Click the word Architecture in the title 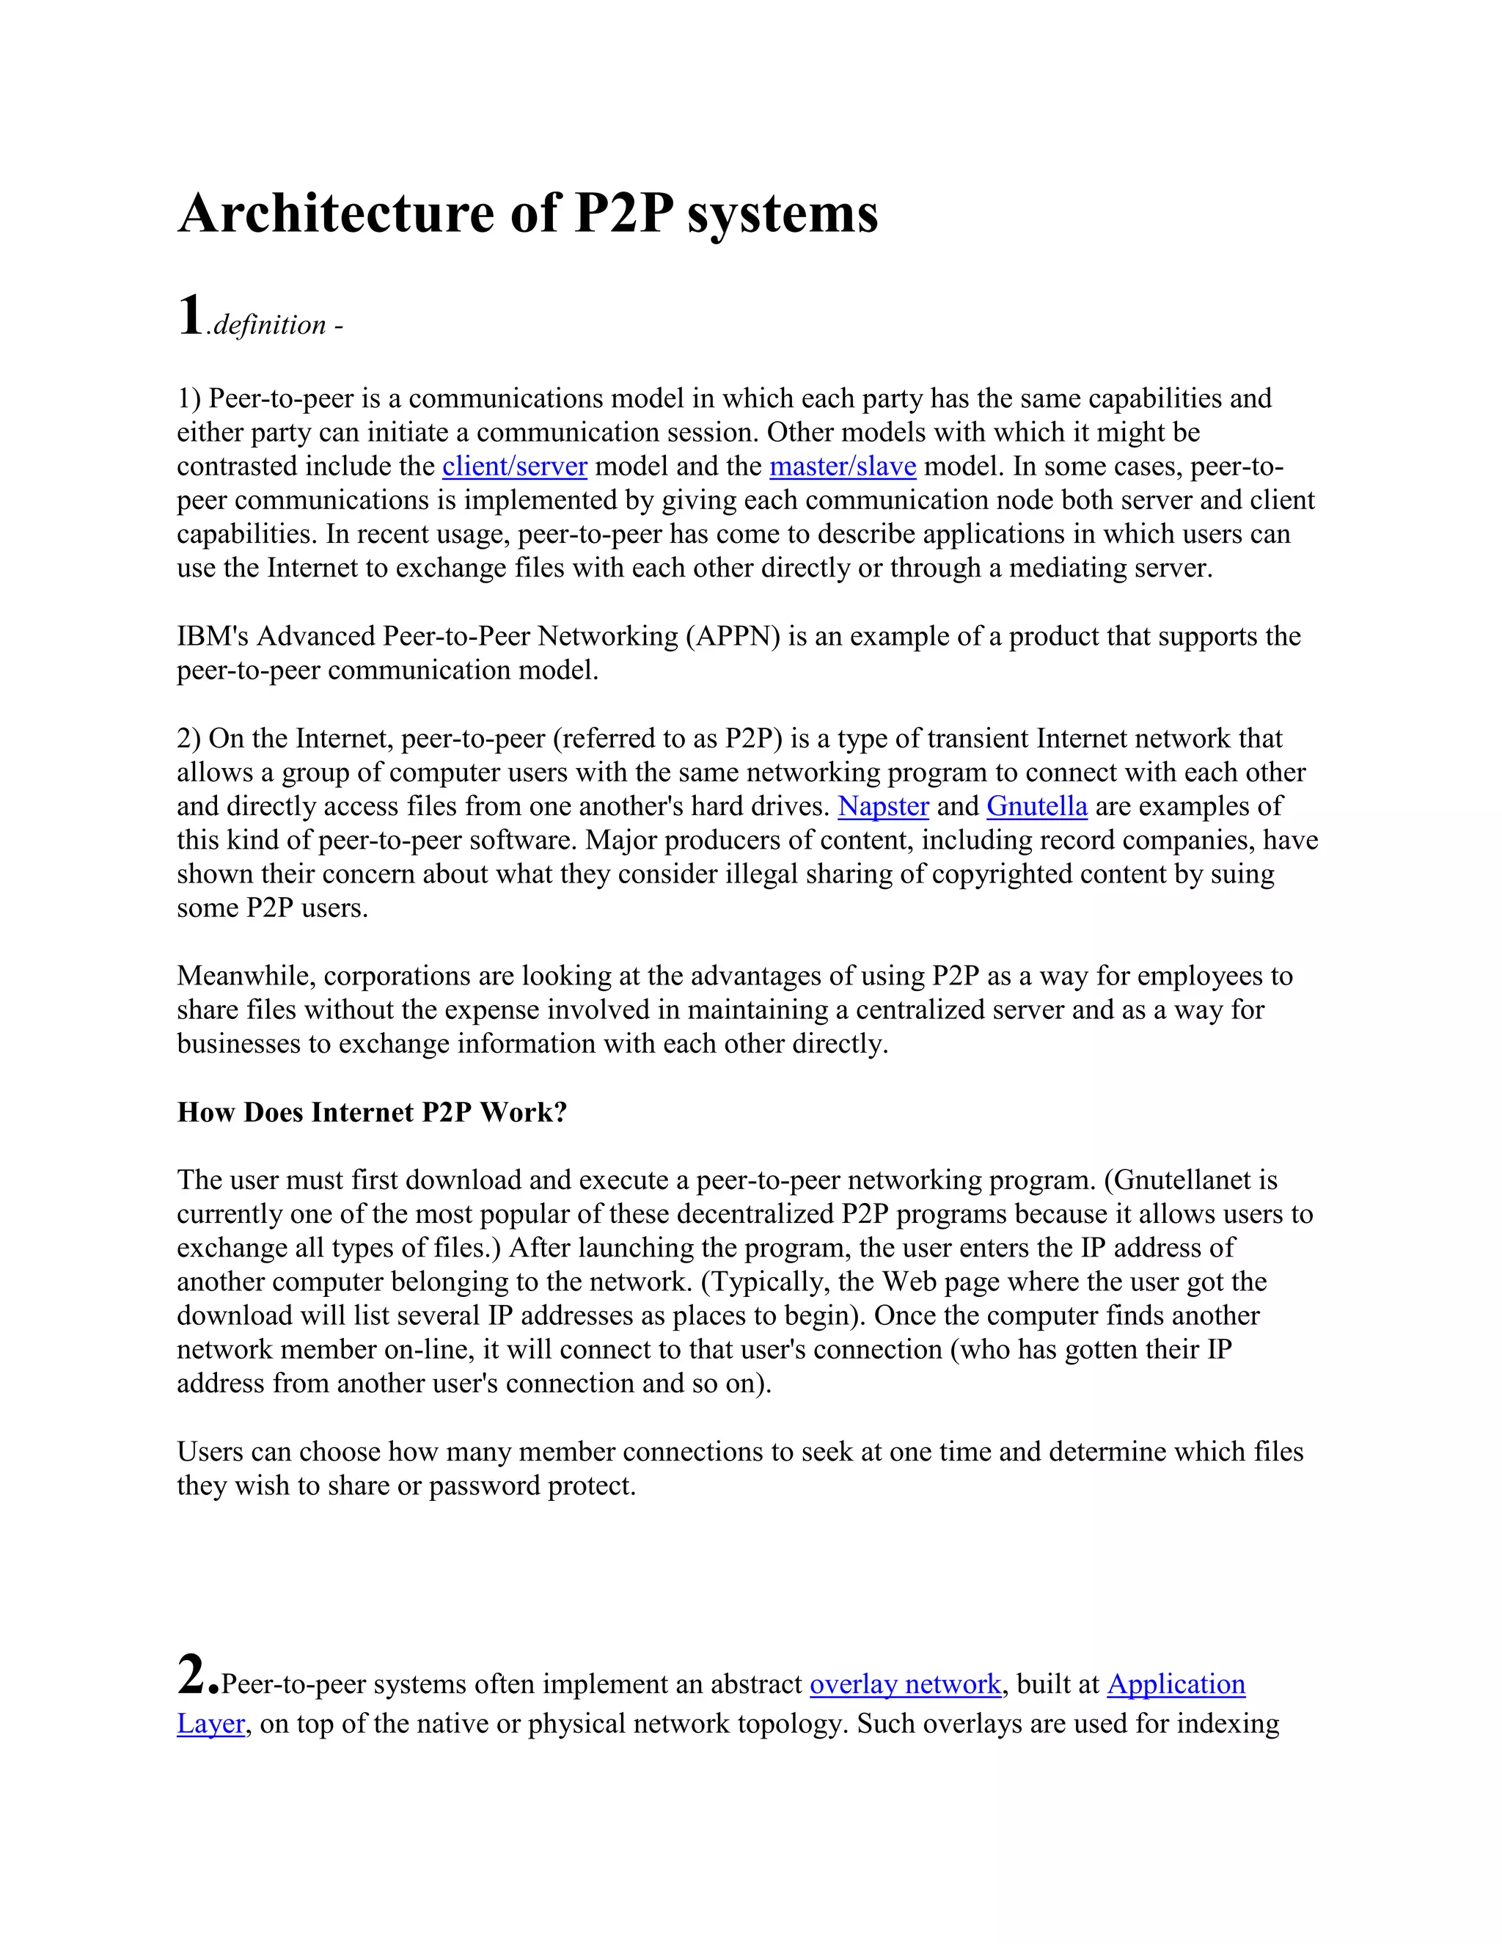pyautogui.click(x=334, y=213)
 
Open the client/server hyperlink pyautogui.click(x=514, y=467)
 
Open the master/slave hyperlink pyautogui.click(x=842, y=467)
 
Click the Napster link pyautogui.click(x=883, y=806)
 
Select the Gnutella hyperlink pyautogui.click(x=1036, y=806)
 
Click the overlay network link pyautogui.click(x=905, y=1684)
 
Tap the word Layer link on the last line pyautogui.click(x=210, y=1723)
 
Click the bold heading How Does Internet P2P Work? pyautogui.click(x=372, y=1113)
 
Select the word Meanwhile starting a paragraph pyautogui.click(x=246, y=976)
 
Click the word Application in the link pyautogui.click(x=1176, y=1684)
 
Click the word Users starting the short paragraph pyautogui.click(x=210, y=1452)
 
